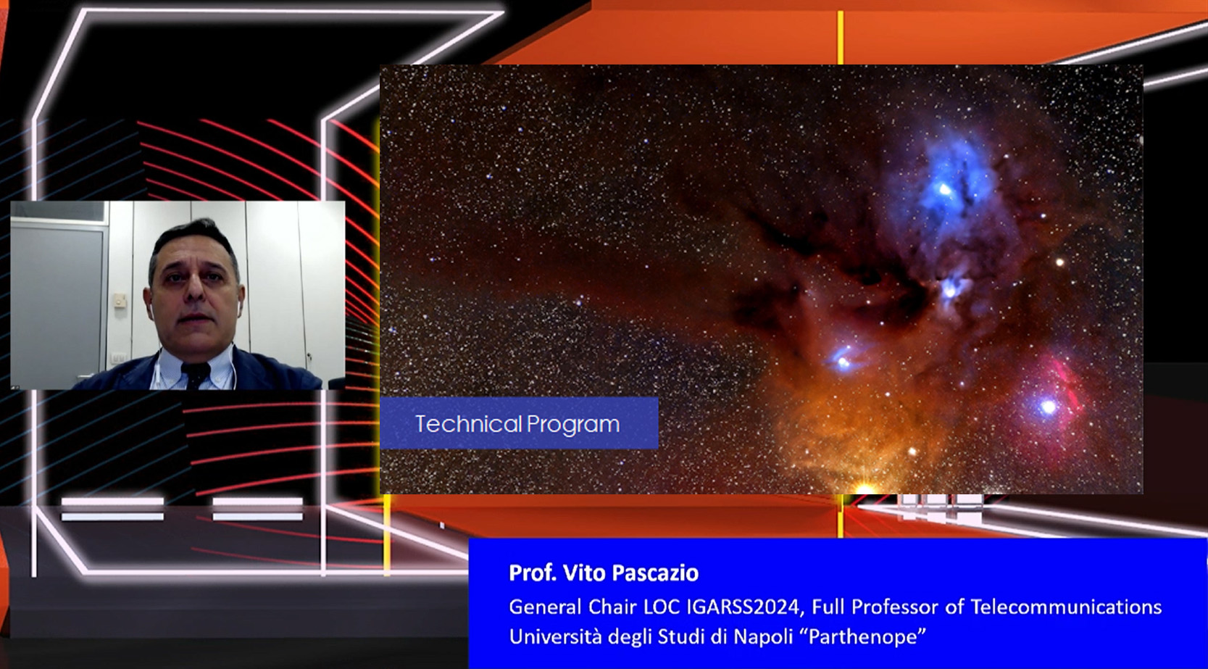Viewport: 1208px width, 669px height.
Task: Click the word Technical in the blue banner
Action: (469, 424)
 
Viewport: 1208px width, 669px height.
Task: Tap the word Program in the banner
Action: (573, 425)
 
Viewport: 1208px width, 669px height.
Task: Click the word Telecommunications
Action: (1066, 607)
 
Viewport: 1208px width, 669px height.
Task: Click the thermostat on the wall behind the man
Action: (120, 300)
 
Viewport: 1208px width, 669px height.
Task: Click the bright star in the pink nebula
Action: (1048, 407)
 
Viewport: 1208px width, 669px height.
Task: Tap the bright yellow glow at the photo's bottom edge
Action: (864, 489)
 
